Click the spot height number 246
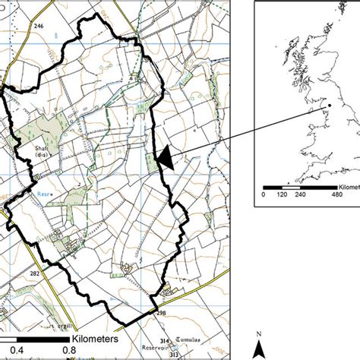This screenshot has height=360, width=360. point(39,27)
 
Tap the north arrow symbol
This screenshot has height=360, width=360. point(259,349)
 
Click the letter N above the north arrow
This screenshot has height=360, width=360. point(259,334)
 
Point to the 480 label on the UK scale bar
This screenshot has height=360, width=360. point(335,193)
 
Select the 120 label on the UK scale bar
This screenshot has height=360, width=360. point(283,193)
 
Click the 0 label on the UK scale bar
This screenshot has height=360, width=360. point(264,193)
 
